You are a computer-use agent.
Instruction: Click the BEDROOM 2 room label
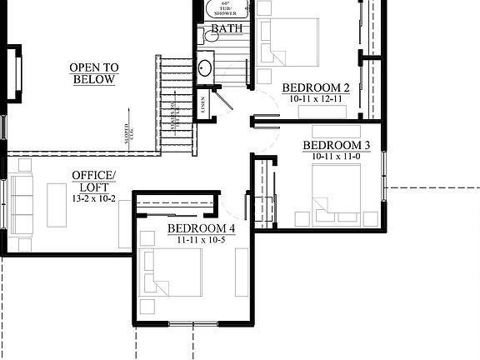tap(316, 87)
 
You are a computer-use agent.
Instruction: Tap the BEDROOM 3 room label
tap(342, 144)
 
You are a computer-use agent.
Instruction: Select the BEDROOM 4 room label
tap(202, 227)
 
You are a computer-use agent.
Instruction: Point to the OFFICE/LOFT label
tap(93, 180)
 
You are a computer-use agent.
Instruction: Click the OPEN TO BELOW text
tap(93, 73)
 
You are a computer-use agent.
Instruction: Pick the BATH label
tap(226, 29)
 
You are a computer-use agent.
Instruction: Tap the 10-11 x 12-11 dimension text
tap(316, 98)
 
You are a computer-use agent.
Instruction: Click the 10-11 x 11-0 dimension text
tap(342, 156)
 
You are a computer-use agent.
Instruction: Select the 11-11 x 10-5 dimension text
tap(202, 239)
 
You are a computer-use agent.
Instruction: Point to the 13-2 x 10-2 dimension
tap(93, 199)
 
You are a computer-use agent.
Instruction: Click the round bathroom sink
tap(204, 67)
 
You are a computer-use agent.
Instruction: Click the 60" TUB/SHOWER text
tap(225, 7)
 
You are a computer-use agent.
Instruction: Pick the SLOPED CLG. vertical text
tap(128, 137)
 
